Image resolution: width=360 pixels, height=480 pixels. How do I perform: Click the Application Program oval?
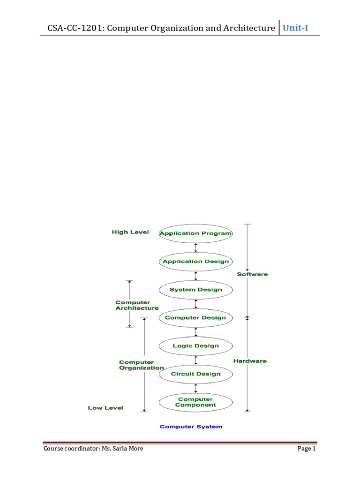coord(195,233)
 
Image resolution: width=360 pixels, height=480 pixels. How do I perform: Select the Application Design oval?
coord(195,262)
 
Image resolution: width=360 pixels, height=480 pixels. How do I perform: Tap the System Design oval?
coord(195,290)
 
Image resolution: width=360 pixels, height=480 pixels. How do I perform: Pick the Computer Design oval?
coord(195,318)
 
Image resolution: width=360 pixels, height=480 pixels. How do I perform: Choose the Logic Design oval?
coord(195,346)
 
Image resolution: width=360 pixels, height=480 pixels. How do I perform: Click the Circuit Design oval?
coord(195,374)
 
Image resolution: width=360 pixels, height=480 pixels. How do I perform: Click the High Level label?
coord(130,232)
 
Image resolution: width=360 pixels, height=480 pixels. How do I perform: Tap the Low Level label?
coord(105,408)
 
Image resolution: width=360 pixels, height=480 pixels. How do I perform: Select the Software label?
coord(252,274)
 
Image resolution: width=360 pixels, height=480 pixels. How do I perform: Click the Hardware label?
coord(250,361)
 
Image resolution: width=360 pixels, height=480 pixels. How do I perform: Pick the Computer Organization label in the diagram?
coord(141,365)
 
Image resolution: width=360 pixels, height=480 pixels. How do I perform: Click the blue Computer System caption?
coord(191,427)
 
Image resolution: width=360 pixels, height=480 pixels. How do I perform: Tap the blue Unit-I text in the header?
coord(295,28)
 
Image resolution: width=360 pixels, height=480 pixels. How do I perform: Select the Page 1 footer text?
coord(307,449)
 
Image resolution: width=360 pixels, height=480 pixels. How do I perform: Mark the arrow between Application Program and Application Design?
coord(196,247)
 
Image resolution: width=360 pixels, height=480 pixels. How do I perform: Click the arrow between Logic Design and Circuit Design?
coord(196,360)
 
